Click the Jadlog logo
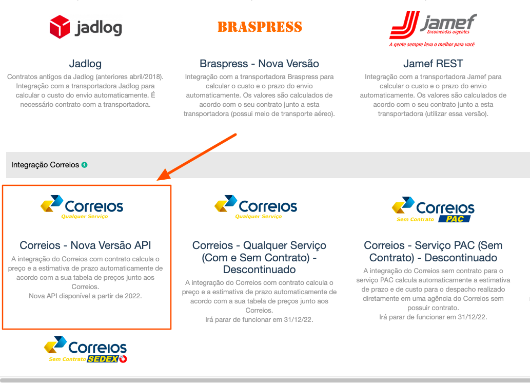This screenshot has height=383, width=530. [x=85, y=27]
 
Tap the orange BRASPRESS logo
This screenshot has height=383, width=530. [x=260, y=27]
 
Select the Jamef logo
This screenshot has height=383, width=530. [x=433, y=28]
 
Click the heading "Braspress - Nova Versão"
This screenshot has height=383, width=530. [x=259, y=64]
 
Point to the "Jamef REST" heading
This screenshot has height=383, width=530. [x=433, y=64]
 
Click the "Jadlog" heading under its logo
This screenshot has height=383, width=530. [x=85, y=64]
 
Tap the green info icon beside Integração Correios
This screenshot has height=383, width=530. [x=84, y=165]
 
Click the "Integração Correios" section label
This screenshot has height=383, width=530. [x=45, y=165]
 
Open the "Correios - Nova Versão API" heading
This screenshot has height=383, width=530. [x=85, y=245]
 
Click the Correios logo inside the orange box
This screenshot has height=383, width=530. [x=82, y=207]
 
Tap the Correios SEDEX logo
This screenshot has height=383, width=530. [x=85, y=350]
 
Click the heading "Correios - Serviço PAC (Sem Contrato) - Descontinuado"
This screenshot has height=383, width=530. [x=433, y=252]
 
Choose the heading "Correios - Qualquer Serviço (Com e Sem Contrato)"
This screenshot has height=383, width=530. [x=259, y=252]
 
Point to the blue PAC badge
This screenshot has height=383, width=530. [x=454, y=219]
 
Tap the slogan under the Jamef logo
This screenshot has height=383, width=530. [x=432, y=45]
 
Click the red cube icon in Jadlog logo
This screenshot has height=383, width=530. [x=60, y=27]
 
